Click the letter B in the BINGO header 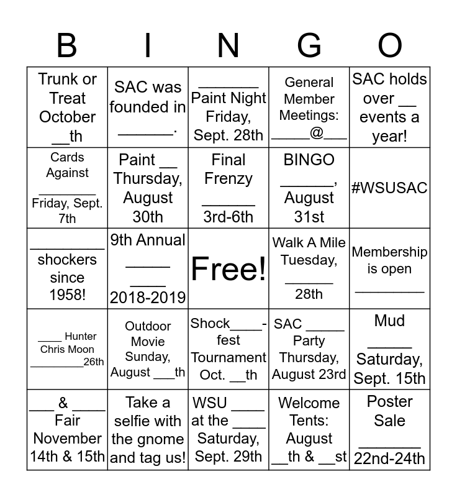pyautogui.click(x=67, y=45)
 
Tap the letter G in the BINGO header pyautogui.click(x=309, y=45)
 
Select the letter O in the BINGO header pyautogui.click(x=390, y=45)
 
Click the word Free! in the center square pyautogui.click(x=228, y=268)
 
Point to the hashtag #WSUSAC pyautogui.click(x=390, y=188)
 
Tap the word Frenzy pyautogui.click(x=228, y=179)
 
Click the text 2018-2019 pyautogui.click(x=148, y=298)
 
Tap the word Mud pyautogui.click(x=390, y=321)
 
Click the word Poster pyautogui.click(x=390, y=401)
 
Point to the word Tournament pyautogui.click(x=228, y=358)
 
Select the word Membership pyautogui.click(x=390, y=252)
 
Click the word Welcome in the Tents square pyautogui.click(x=309, y=403)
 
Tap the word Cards pyautogui.click(x=67, y=157)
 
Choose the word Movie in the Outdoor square pyautogui.click(x=148, y=342)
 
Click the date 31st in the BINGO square pyautogui.click(x=309, y=217)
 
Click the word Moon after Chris pyautogui.click(x=81, y=349)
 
